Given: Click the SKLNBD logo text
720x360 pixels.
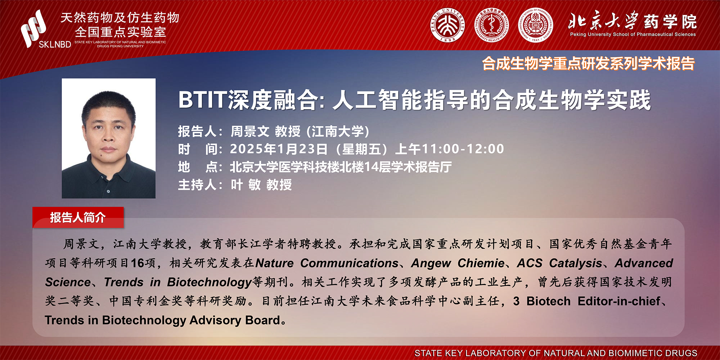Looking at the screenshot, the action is coord(55,44).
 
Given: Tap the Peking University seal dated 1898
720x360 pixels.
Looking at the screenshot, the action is coord(448,26).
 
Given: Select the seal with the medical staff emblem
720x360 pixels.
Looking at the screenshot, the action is coord(491,26).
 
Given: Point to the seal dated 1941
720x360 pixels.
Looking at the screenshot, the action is coord(536,26).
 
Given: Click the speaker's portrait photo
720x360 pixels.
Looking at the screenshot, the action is coord(109,138).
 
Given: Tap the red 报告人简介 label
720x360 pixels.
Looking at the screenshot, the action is coord(78,217).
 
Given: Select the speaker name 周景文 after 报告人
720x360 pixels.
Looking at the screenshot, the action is coord(250,131).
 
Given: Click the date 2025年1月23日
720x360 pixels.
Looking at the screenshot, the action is coord(279,149).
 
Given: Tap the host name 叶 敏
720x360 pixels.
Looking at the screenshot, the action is coord(246,185).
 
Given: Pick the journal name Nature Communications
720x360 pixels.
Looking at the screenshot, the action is coord(327,263).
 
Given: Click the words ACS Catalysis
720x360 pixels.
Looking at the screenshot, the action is coord(560,264).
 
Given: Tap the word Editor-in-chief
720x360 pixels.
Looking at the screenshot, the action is coord(619,301).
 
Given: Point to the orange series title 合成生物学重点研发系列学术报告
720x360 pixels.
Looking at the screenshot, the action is coord(588,64).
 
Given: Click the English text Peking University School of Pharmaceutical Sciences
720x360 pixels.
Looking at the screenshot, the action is coord(633,35).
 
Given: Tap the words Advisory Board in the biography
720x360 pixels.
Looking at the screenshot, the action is coord(235,320).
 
